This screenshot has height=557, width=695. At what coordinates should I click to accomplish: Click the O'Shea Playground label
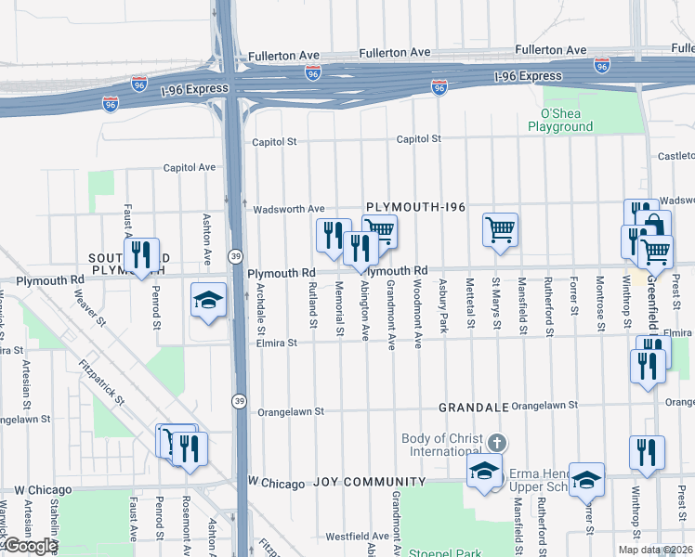click(x=560, y=120)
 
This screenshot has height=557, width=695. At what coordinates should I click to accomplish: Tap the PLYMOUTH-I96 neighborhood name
click(x=414, y=207)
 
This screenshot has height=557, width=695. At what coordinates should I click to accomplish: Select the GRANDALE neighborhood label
click(x=473, y=407)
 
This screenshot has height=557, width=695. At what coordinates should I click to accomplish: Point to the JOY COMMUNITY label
click(x=369, y=482)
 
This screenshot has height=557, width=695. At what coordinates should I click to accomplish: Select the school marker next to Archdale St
click(x=208, y=299)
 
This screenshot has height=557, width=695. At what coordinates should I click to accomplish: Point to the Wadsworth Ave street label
click(x=289, y=209)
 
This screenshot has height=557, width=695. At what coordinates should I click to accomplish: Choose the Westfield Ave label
click(x=357, y=536)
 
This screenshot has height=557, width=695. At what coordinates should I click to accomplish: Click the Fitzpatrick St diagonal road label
click(x=101, y=382)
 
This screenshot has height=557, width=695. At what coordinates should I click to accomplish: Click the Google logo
click(x=31, y=546)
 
